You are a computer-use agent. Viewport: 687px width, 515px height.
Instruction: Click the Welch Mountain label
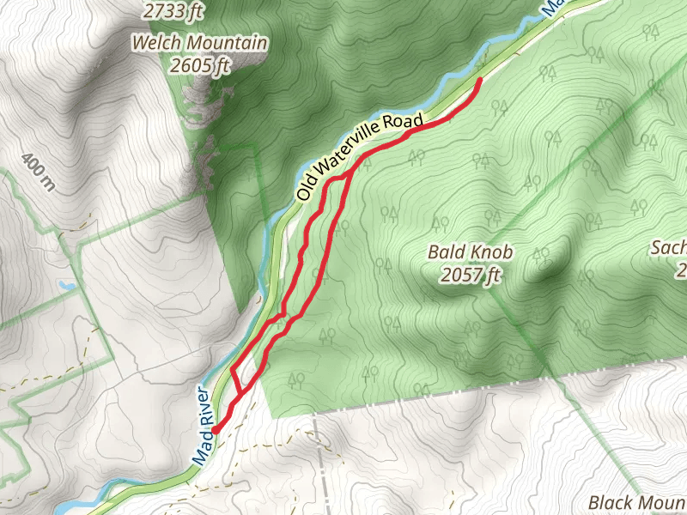coord(200,43)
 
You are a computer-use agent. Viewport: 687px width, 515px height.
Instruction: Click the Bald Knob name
coord(470,252)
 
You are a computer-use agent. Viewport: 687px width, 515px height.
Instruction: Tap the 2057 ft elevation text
coord(470,274)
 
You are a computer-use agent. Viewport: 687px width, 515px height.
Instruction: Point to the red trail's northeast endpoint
coord(478,79)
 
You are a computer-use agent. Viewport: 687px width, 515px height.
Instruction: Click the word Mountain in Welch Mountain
coord(224,43)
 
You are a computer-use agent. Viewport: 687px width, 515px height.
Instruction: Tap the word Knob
coord(491,252)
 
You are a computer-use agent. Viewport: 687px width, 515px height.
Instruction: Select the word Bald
coord(447,252)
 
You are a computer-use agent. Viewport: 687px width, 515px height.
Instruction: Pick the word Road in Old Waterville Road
coord(400,123)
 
